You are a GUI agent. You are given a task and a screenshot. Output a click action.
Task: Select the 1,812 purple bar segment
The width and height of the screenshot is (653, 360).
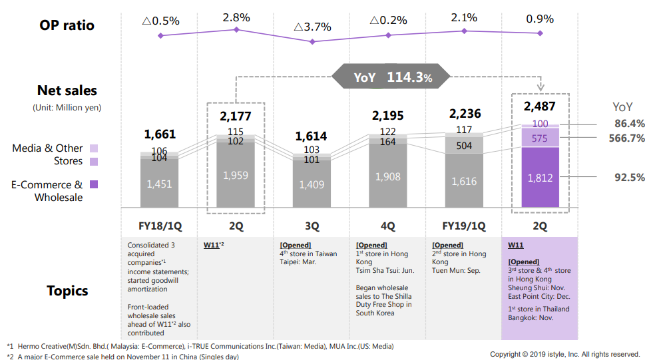(x=540, y=178)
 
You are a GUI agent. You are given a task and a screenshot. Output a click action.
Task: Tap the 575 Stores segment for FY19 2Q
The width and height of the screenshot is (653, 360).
(x=540, y=138)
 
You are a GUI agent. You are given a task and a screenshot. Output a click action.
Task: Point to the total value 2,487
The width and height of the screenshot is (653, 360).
(x=540, y=106)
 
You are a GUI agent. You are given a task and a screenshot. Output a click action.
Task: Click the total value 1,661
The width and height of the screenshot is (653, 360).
(x=160, y=134)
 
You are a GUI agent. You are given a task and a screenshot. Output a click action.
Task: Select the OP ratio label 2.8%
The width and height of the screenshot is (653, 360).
(x=236, y=17)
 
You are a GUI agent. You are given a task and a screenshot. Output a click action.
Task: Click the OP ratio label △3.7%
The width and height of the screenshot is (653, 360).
(x=312, y=27)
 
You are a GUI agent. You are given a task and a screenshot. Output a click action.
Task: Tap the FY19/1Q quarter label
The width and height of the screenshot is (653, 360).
(x=465, y=226)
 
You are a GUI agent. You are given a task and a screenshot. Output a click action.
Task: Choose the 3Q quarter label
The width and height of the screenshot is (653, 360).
(x=312, y=226)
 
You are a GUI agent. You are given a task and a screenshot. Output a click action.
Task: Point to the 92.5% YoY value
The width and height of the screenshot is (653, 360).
(x=630, y=178)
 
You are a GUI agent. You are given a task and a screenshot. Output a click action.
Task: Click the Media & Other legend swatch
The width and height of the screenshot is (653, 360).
(x=94, y=148)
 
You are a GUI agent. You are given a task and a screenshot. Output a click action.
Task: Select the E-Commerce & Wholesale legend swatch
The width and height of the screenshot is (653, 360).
(x=94, y=185)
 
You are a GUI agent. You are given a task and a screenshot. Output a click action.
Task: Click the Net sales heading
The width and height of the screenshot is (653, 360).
(x=67, y=91)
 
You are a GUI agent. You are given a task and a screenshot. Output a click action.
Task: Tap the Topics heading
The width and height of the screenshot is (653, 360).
(x=67, y=291)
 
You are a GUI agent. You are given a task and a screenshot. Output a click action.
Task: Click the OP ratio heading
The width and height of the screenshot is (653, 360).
(x=67, y=25)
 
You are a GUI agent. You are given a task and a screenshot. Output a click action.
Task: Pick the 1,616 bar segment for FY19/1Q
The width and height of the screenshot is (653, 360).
(x=465, y=181)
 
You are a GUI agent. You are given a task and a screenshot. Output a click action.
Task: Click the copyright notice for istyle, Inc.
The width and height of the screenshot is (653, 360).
(x=565, y=354)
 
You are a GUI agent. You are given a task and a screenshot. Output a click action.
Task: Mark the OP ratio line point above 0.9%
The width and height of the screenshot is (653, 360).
(x=540, y=33)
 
